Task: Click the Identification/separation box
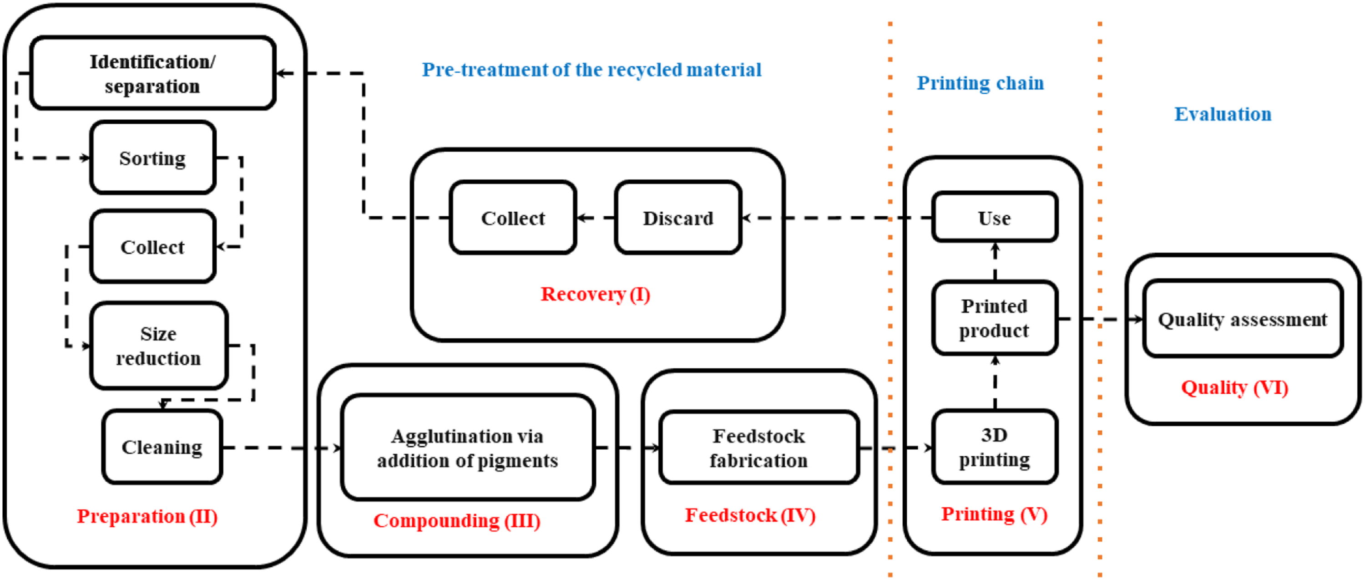[x=152, y=73]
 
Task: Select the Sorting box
[x=152, y=158]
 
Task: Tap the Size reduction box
[x=159, y=346]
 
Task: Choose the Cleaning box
[x=162, y=447]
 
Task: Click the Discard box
[x=678, y=217]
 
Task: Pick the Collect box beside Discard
[x=513, y=217]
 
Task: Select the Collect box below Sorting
[x=152, y=247]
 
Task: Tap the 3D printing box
[x=995, y=447]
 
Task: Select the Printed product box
[x=995, y=318]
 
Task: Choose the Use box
[x=995, y=217]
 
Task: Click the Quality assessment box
[x=1243, y=319]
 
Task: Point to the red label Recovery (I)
[x=595, y=294]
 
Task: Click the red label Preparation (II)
[x=147, y=516]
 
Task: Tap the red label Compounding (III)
[x=457, y=521]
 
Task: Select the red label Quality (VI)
[x=1235, y=387]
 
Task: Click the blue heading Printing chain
[x=981, y=83]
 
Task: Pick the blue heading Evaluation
[x=1223, y=114]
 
